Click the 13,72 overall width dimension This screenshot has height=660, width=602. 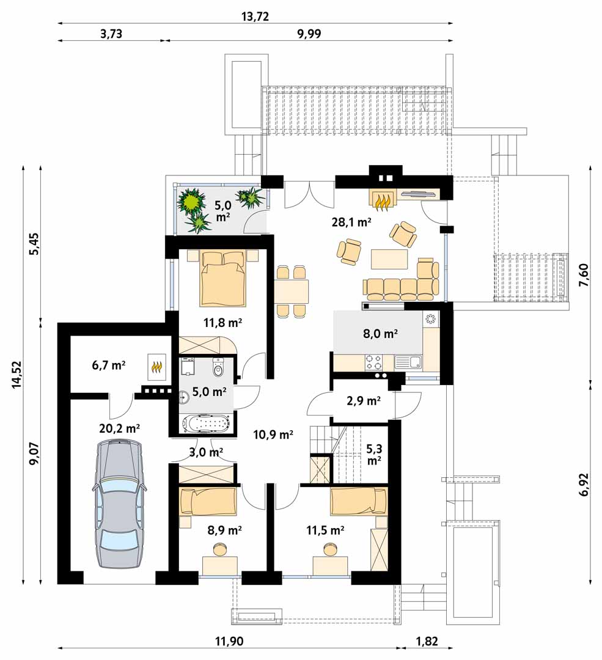click(255, 16)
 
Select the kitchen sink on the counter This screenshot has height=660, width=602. click(408, 362)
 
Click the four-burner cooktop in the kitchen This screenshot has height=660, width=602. click(374, 363)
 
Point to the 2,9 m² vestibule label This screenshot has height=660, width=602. click(364, 402)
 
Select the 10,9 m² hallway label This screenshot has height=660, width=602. click(273, 435)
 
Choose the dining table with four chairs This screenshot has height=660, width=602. click(291, 291)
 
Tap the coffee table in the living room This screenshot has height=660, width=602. click(389, 259)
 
